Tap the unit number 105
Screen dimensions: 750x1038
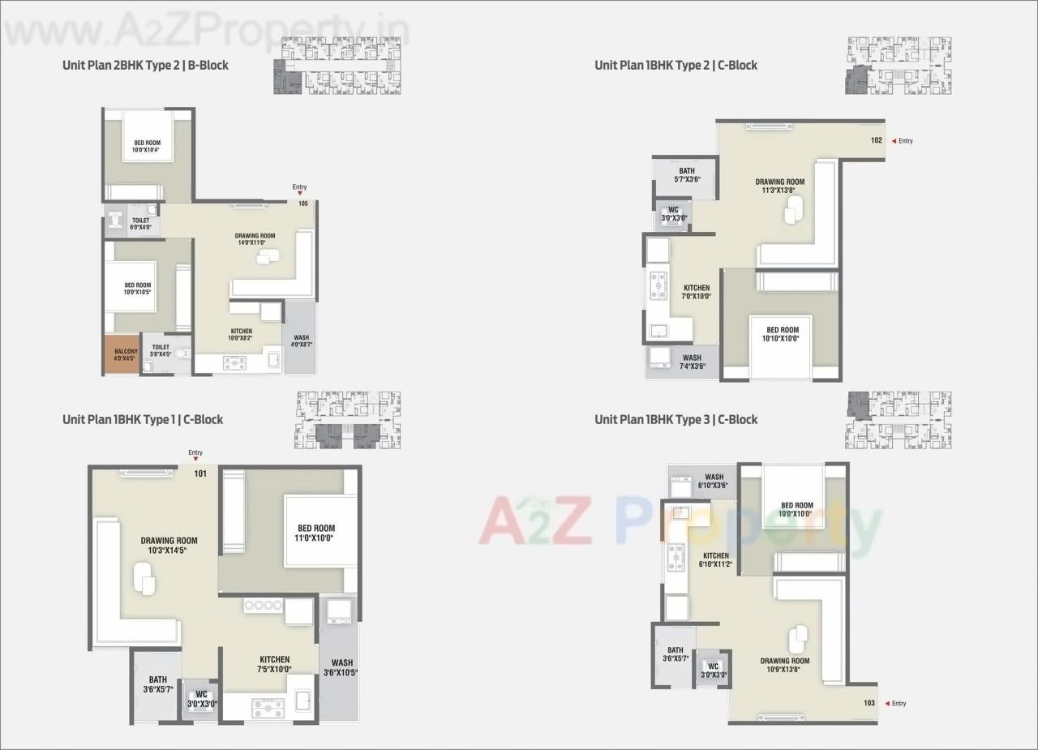[x=303, y=203]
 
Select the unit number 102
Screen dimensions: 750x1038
[x=876, y=140]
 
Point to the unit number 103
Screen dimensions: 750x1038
[x=869, y=703]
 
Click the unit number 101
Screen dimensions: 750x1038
[x=200, y=474]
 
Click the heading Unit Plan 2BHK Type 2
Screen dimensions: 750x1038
[x=145, y=65]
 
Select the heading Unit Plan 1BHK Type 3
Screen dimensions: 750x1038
[x=676, y=419]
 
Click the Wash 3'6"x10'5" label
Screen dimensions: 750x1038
[x=341, y=667]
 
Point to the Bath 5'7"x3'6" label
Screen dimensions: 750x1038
[x=687, y=175]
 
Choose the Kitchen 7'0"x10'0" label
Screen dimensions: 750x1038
[x=697, y=292]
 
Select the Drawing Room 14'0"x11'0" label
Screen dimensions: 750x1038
[x=255, y=239]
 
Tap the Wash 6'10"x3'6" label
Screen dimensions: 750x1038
[x=714, y=481]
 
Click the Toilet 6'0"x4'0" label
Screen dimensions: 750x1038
[x=140, y=224]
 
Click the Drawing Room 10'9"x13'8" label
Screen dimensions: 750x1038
[x=784, y=665]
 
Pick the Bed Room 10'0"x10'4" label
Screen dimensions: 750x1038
[x=148, y=146]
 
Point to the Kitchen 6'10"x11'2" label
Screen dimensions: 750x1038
[x=715, y=559]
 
